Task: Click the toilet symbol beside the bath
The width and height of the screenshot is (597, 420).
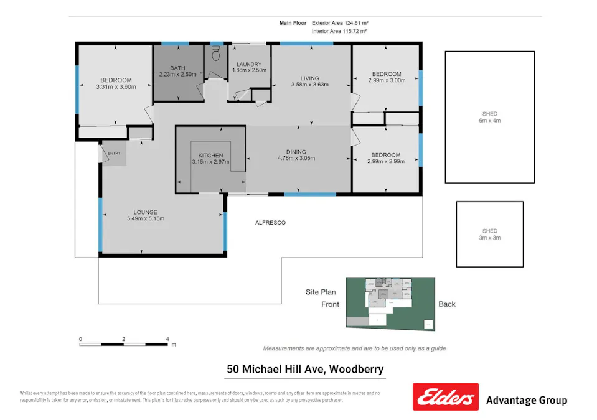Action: [x=216, y=55]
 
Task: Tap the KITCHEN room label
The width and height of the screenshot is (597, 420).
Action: [x=210, y=155]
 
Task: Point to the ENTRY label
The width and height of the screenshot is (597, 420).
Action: [x=114, y=153]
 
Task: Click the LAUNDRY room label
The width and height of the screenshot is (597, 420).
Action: [x=248, y=64]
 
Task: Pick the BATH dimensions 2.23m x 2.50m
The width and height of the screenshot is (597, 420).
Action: [x=177, y=75]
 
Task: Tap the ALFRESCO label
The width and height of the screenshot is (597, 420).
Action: [x=270, y=222]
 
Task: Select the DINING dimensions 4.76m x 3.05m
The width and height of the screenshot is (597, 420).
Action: [x=296, y=158]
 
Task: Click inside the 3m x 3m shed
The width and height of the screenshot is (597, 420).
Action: [x=489, y=234]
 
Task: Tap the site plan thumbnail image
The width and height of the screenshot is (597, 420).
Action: [x=390, y=302]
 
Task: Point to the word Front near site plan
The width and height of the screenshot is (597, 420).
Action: [x=330, y=304]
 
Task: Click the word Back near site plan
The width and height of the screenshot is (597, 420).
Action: [x=446, y=304]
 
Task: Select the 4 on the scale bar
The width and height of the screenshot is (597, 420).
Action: [x=167, y=339]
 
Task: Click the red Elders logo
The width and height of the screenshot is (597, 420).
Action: [x=445, y=397]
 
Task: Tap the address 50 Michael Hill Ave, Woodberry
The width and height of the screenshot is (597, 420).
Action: [x=305, y=369]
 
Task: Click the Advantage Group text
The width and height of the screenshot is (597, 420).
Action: [x=526, y=400]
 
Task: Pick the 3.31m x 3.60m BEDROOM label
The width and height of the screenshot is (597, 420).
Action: [x=116, y=83]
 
